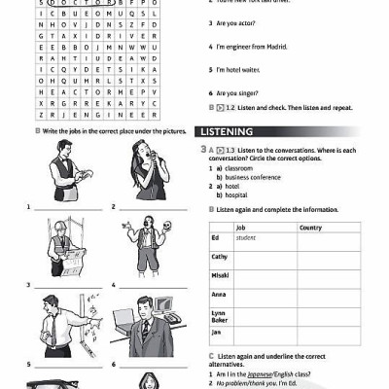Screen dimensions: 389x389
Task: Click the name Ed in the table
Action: click(x=215, y=237)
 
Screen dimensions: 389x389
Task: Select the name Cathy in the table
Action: click(x=219, y=257)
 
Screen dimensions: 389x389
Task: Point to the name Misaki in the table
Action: click(x=220, y=275)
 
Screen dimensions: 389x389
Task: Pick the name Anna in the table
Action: click(x=219, y=294)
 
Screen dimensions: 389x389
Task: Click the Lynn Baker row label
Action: click(x=220, y=314)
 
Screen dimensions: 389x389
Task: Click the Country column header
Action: click(x=310, y=228)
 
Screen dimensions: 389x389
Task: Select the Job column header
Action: click(x=241, y=228)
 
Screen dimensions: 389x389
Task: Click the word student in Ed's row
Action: click(x=245, y=237)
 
